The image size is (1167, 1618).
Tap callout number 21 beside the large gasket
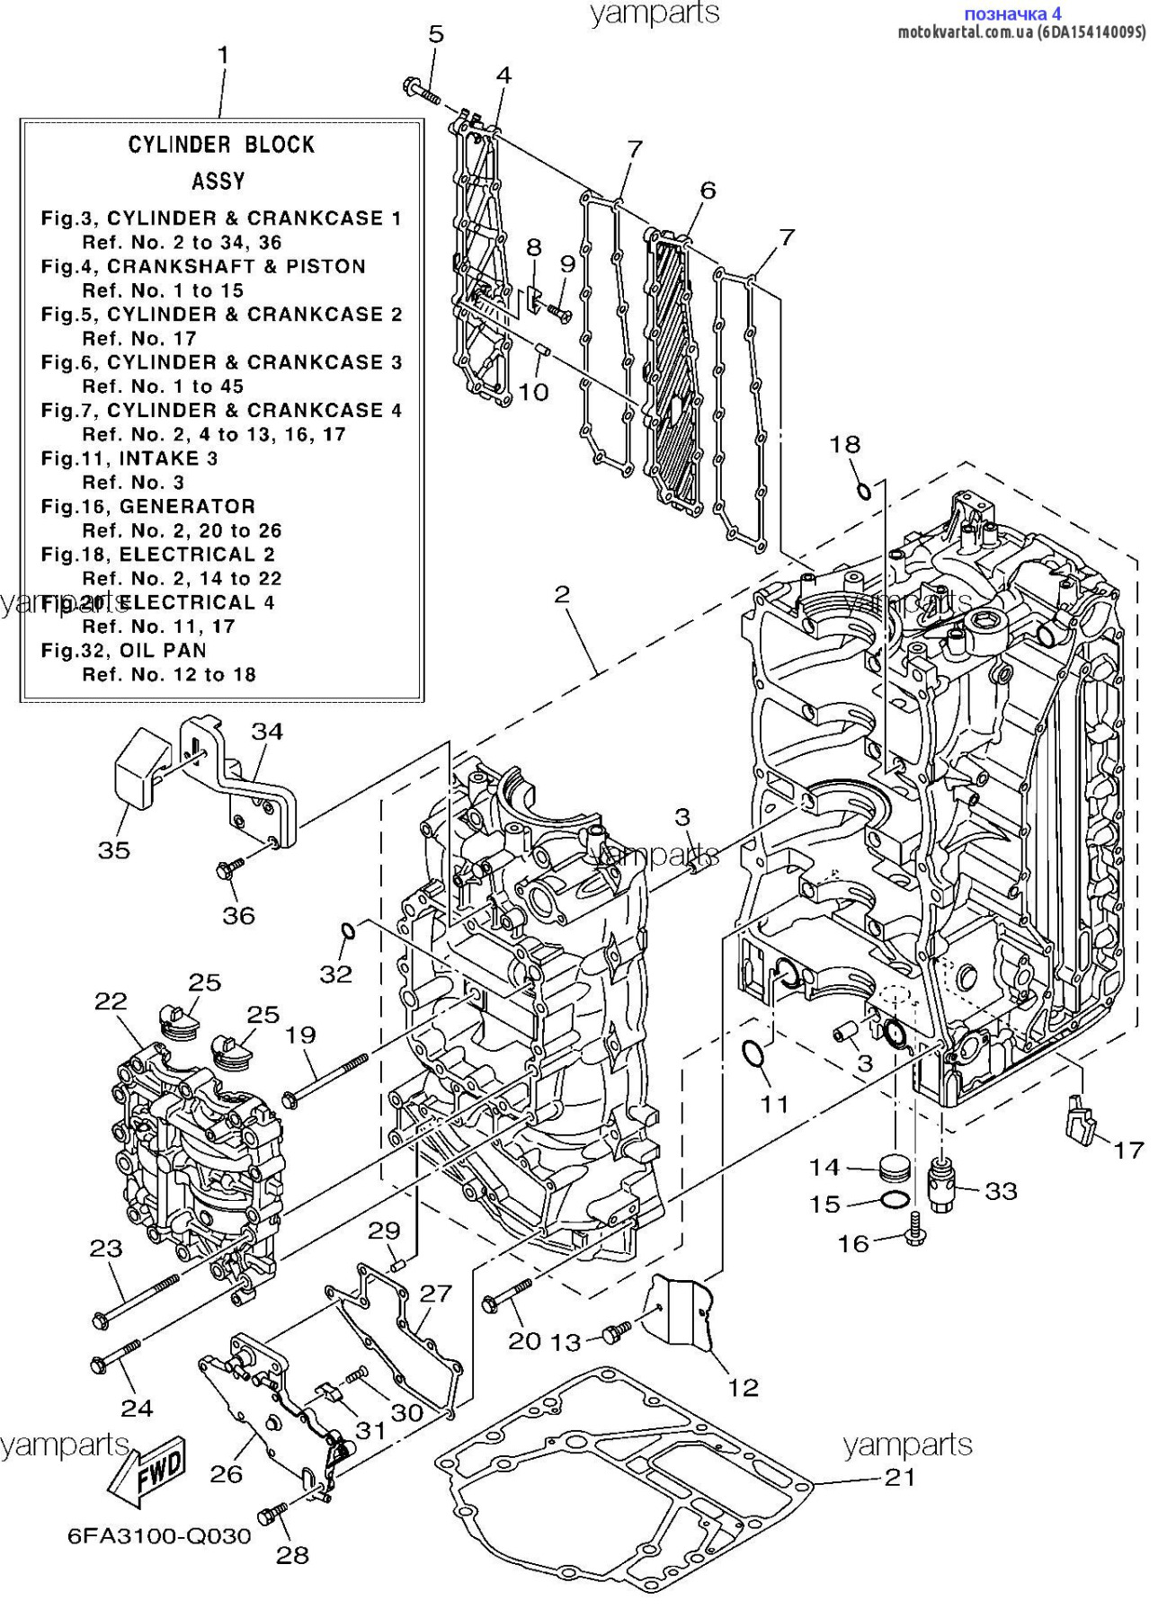point(900,1477)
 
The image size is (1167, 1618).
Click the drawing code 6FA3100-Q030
point(159,1536)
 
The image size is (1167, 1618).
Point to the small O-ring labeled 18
point(862,491)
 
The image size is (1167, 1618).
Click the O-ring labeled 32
point(350,930)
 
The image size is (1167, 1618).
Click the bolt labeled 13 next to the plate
point(616,1333)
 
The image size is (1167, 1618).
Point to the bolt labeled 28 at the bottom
point(271,1516)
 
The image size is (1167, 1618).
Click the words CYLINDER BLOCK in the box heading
point(221,145)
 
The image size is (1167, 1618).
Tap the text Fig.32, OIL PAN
point(124,651)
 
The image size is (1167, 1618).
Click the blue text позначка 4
point(1011,13)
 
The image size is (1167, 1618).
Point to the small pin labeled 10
point(542,349)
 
